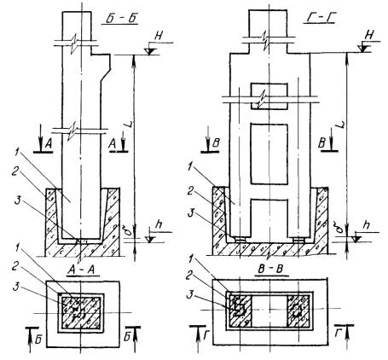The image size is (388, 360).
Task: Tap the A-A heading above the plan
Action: click(84, 270)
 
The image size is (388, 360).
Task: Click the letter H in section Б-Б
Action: click(158, 36)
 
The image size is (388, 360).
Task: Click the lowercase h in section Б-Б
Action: click(159, 225)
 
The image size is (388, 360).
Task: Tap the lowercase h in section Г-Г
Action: click(368, 225)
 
